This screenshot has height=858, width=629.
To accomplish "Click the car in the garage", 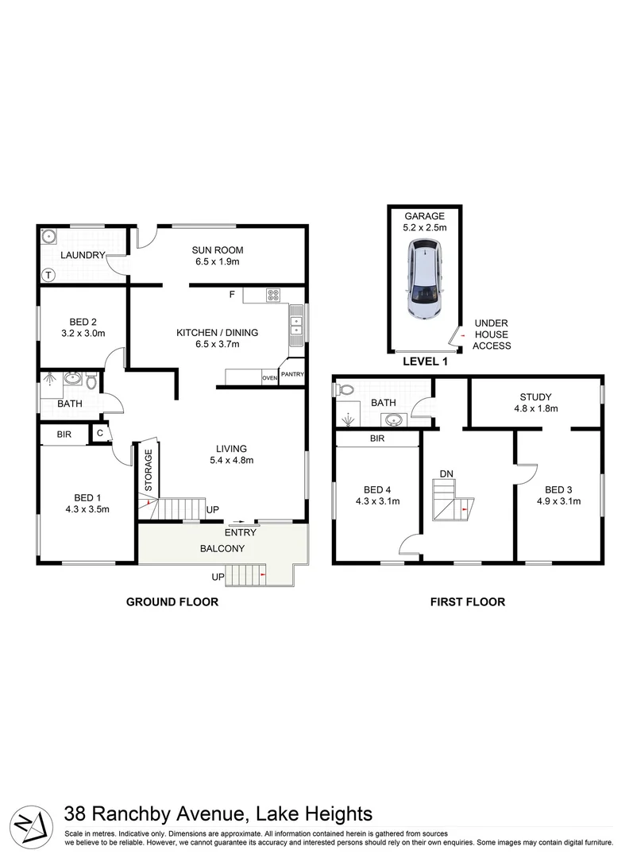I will pyautogui.click(x=425, y=279).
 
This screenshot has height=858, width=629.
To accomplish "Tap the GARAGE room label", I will pyautogui.click(x=425, y=216).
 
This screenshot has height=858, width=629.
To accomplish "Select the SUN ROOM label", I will pyautogui.click(x=218, y=249).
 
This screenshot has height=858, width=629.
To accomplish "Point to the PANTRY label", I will pyautogui.click(x=292, y=374).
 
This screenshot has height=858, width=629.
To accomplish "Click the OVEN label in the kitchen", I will pyautogui.click(x=270, y=378).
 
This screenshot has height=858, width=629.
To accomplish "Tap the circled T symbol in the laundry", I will pyautogui.click(x=48, y=276).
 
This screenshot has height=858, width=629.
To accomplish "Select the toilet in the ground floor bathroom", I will pyautogui.click(x=91, y=382).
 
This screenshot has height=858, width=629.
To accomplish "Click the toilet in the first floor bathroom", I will pyautogui.click(x=345, y=390).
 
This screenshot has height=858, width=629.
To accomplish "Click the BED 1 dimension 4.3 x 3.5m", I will pyautogui.click(x=87, y=509).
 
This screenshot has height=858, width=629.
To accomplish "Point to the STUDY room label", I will pyautogui.click(x=535, y=397).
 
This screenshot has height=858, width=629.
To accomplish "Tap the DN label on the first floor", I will pyautogui.click(x=447, y=473).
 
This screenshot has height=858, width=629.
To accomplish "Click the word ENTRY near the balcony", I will pyautogui.click(x=240, y=532).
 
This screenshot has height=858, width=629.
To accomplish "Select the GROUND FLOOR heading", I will pyautogui.click(x=172, y=602).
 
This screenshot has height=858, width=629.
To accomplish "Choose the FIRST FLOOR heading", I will pyautogui.click(x=467, y=602).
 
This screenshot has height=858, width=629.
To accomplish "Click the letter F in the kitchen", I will pyautogui.click(x=232, y=296).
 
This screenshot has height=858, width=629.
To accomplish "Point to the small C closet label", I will pyautogui.click(x=100, y=433).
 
